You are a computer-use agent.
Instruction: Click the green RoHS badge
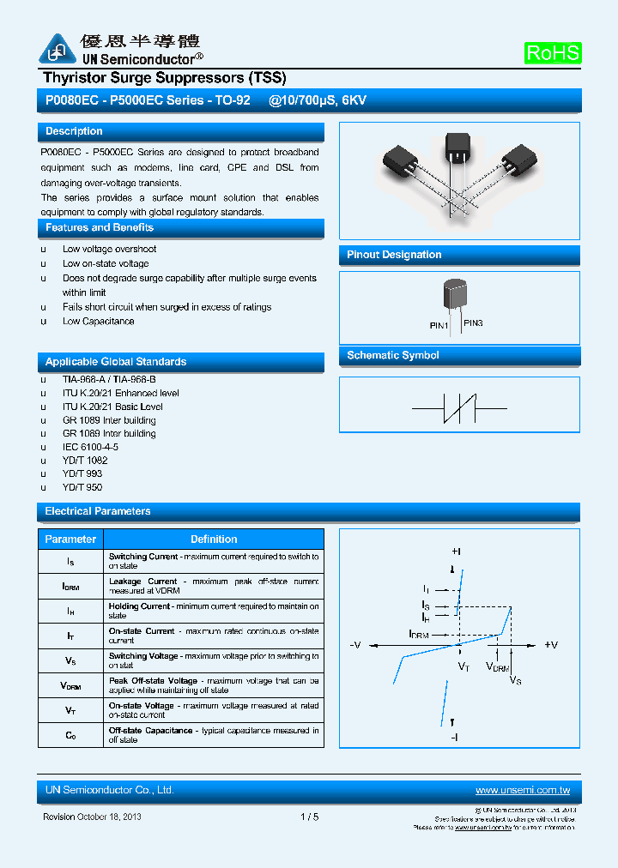553,53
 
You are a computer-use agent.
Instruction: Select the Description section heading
74,131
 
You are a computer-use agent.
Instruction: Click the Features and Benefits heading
100,227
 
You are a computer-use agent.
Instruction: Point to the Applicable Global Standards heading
116,362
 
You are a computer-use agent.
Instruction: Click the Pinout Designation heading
394,255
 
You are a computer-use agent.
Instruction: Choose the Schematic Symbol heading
393,355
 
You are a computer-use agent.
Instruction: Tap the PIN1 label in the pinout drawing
439,326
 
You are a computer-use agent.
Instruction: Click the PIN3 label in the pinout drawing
473,323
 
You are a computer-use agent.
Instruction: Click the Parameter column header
70,539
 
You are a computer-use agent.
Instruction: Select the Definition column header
214,539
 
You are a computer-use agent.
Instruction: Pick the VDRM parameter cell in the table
70,686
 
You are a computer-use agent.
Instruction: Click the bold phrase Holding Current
139,606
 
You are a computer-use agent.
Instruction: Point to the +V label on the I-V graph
551,645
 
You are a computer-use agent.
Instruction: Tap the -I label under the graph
455,737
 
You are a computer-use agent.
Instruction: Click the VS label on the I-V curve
515,680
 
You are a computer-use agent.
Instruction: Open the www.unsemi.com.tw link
523,790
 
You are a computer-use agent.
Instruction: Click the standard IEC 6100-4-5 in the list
90,447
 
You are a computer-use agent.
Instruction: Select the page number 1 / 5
310,817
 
